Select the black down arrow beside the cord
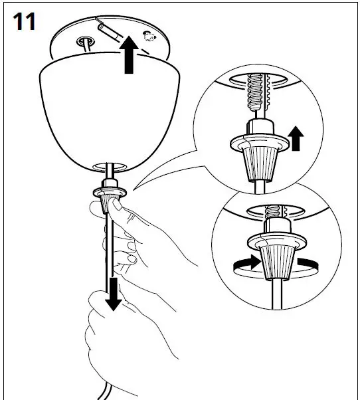[114, 292]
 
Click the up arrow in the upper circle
[296, 140]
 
